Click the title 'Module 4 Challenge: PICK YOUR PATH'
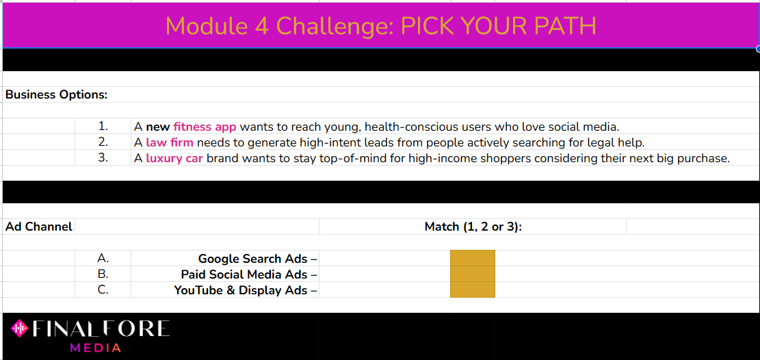tap(380, 26)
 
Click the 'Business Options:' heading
tap(56, 94)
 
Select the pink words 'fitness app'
tap(205, 127)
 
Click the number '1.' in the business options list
tap(103, 127)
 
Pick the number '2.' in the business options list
tap(103, 142)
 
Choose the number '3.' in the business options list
tap(103, 157)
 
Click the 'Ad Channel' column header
tap(39, 226)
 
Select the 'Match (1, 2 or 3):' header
tap(473, 226)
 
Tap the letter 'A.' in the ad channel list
tap(103, 258)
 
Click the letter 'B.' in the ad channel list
tap(103, 274)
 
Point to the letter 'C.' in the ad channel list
tap(103, 290)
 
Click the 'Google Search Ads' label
tap(253, 259)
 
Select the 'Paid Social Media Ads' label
tap(244, 274)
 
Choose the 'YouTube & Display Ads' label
tap(241, 290)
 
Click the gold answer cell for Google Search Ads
tap(473, 258)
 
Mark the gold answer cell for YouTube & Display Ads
tap(473, 290)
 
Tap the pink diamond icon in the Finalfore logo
tap(20, 329)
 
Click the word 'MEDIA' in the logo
tap(96, 348)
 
